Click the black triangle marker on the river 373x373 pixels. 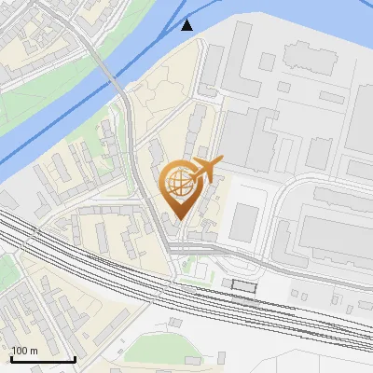[187, 25]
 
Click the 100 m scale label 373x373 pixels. [24, 351]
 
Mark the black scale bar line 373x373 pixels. [43, 359]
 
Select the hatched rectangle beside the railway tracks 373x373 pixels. [244, 283]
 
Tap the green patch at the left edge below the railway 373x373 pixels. [7, 270]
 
